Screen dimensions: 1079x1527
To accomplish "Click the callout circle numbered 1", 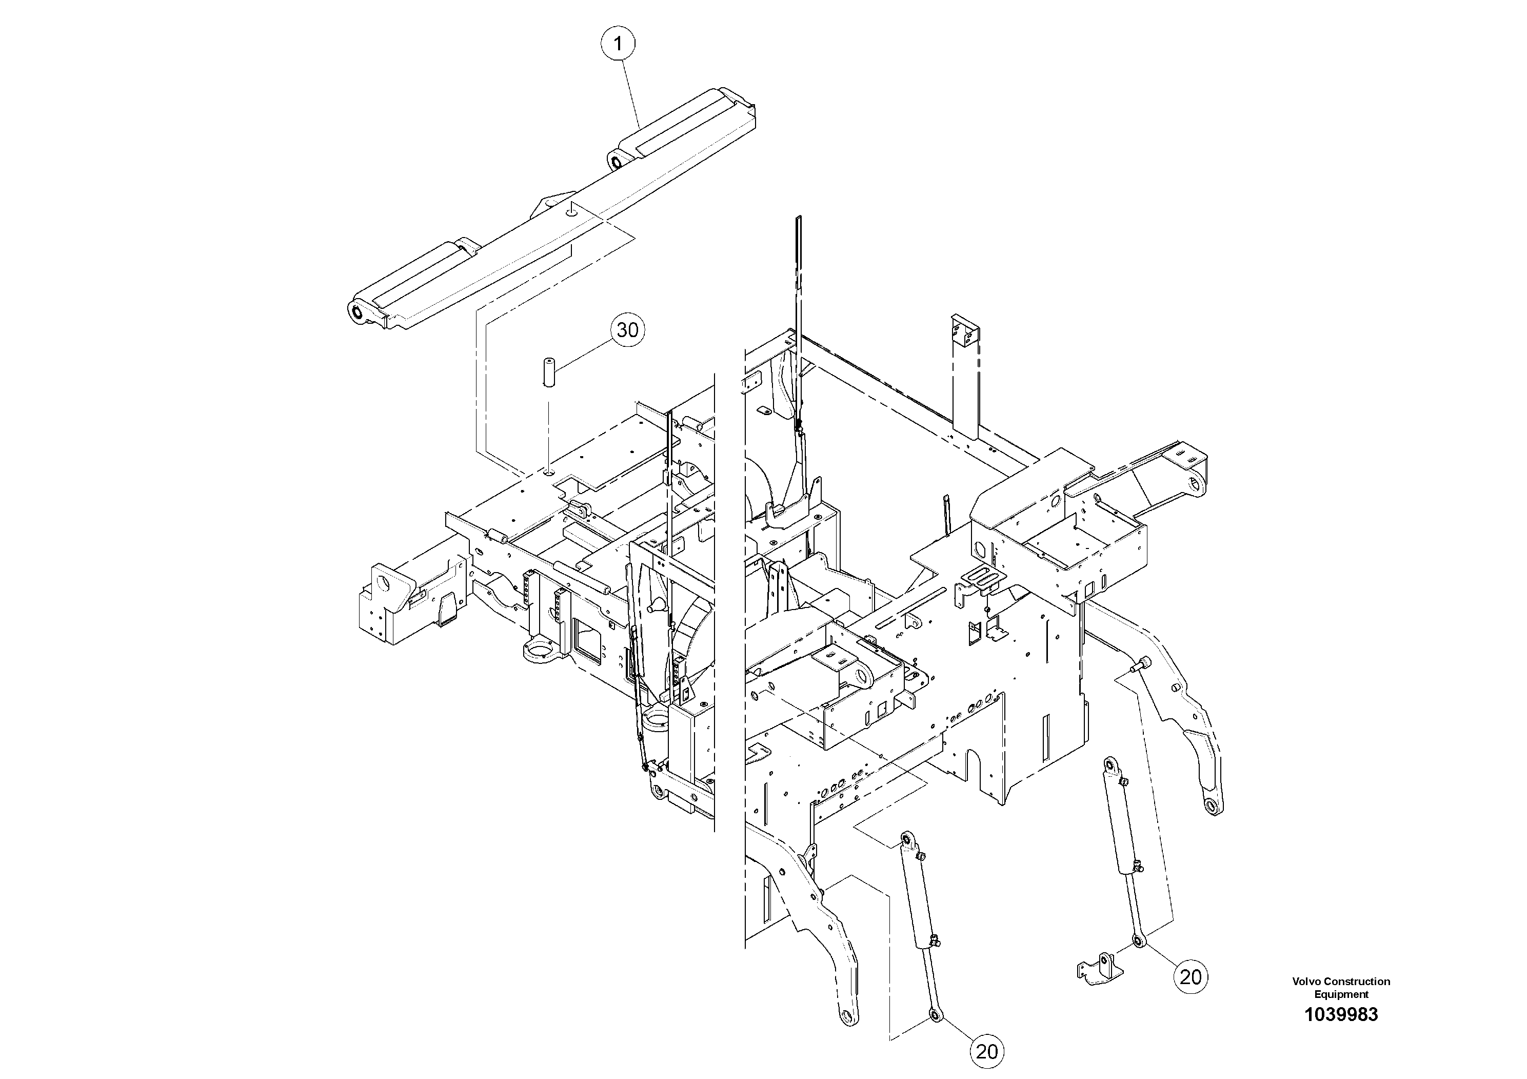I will click(x=619, y=45).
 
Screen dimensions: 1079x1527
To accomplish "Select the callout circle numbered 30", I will click(x=627, y=330).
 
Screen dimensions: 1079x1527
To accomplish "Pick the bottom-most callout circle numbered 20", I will click(x=987, y=1052).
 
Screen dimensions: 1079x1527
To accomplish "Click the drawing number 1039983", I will click(x=1341, y=1014).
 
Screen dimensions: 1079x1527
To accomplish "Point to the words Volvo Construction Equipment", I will click(x=1341, y=988).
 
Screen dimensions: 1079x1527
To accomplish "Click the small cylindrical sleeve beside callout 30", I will click(x=549, y=373).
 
